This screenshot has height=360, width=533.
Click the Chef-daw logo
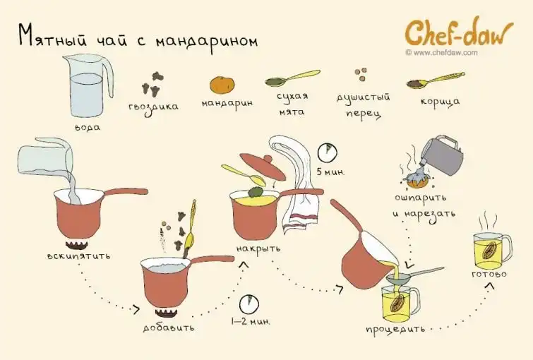click(x=459, y=33)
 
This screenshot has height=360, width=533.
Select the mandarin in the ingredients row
click(x=222, y=85)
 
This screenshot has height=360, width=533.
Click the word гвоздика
click(x=153, y=107)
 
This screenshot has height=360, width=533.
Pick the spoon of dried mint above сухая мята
click(x=292, y=78)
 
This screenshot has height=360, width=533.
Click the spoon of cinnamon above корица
click(x=435, y=80)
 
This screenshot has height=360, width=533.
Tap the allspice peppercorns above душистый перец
click(x=361, y=74)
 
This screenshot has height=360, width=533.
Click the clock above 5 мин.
click(x=328, y=152)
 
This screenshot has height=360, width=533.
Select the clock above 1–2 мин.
click(x=249, y=304)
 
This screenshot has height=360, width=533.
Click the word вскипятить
click(x=79, y=256)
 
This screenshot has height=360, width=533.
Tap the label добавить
click(x=169, y=328)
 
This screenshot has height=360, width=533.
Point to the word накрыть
click(x=258, y=248)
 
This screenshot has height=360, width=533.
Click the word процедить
click(x=395, y=329)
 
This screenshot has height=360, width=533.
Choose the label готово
click(x=489, y=274)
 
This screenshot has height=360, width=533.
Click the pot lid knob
click(x=268, y=158)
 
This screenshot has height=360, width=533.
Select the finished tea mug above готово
click(x=491, y=251)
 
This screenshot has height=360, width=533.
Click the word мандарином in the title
click(x=207, y=42)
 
